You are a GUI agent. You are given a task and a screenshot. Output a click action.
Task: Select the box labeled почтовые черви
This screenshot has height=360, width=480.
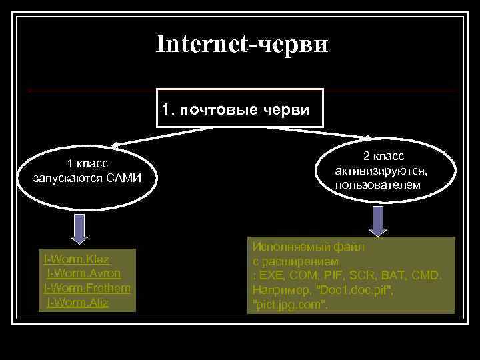click(239, 108)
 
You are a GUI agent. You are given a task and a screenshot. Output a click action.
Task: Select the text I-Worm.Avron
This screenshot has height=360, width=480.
click(83, 273)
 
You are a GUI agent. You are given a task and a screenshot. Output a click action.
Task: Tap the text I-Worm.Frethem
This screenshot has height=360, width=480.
click(87, 287)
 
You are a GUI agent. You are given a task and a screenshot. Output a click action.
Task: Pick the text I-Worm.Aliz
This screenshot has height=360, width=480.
click(78, 303)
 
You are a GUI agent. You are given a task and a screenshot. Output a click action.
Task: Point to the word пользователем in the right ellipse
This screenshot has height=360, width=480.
click(378, 184)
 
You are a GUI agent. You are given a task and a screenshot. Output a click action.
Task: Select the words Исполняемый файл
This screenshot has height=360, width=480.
click(308, 247)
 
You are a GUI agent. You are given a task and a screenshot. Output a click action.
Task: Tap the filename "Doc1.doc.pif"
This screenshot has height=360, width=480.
click(355, 291)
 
